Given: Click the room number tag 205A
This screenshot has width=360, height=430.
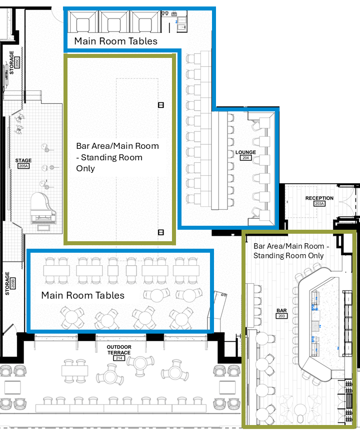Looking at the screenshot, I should pyautogui.click(x=23, y=166).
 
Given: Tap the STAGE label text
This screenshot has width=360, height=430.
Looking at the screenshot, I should pyautogui.click(x=23, y=160).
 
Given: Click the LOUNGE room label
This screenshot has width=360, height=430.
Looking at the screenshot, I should pyautogui.click(x=245, y=152).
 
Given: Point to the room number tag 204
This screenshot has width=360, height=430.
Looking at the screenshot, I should pyautogui.click(x=245, y=158).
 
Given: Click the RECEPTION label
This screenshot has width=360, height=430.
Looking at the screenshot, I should pyautogui.click(x=319, y=198).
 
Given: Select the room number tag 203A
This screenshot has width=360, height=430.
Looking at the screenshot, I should pyautogui.click(x=319, y=204).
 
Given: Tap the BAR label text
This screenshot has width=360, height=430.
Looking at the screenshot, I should pyautogui.click(x=281, y=310).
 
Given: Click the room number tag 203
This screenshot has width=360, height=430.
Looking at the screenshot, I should pyautogui.click(x=281, y=316).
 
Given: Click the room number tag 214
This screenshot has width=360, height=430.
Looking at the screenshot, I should pyautogui.click(x=119, y=359).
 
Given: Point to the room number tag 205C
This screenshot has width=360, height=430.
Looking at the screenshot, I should pyautogui.click(x=16, y=63).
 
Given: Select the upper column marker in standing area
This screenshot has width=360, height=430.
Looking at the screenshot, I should pyautogui.click(x=161, y=105).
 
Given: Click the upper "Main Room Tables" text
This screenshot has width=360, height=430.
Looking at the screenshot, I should pyautogui.click(x=115, y=41).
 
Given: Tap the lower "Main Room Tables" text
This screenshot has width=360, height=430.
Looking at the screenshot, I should pyautogui.click(x=82, y=295).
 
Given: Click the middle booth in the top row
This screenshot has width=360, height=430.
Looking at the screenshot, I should pyautogui.click(x=114, y=22).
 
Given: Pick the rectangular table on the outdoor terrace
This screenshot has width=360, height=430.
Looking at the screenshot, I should pyautogui.click(x=74, y=371).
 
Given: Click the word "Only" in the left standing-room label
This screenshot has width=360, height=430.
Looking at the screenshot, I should pyautogui.click(x=85, y=168).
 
